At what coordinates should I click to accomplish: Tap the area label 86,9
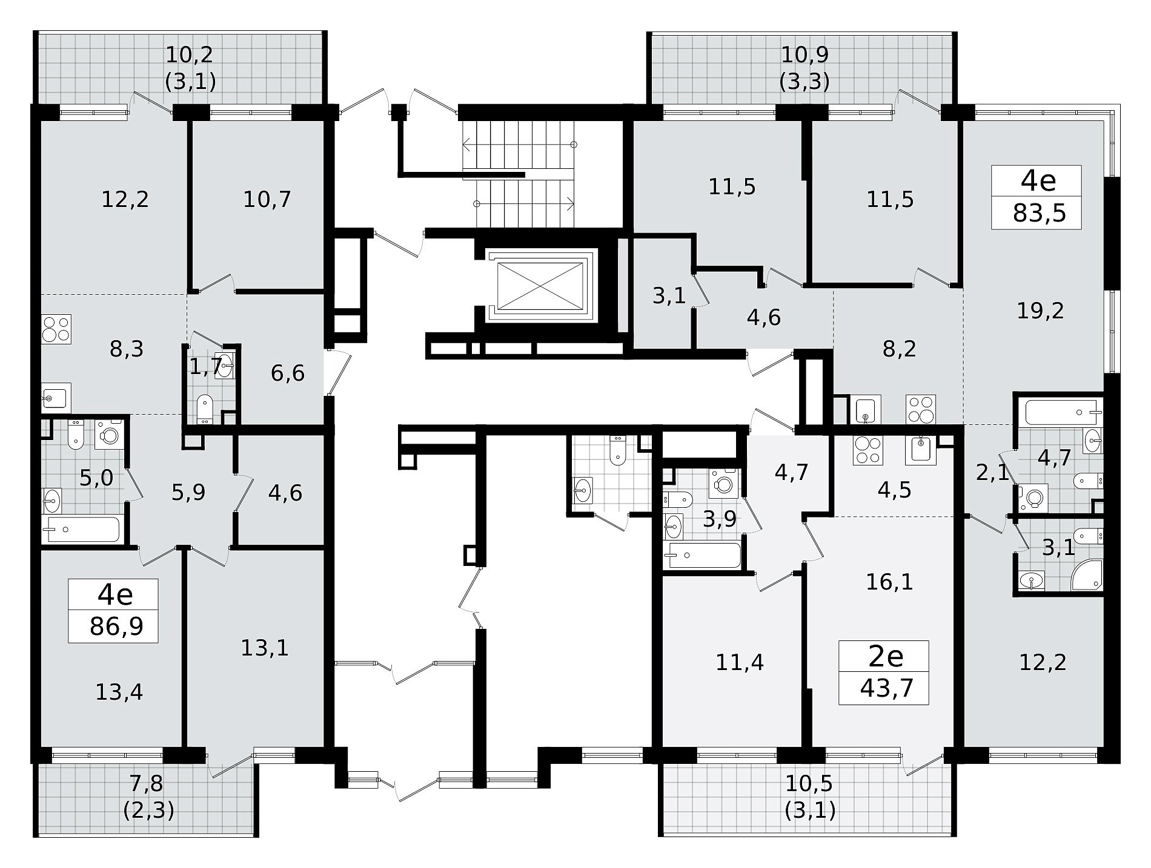[116, 626]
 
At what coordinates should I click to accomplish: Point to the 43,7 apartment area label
[886, 688]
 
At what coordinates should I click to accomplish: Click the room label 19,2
[1041, 311]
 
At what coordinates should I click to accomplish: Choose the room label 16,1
[889, 582]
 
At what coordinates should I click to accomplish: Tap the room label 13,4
[119, 691]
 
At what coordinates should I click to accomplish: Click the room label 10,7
[267, 199]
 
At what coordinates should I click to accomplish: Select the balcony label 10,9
[804, 54]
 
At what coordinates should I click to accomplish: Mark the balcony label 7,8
[147, 784]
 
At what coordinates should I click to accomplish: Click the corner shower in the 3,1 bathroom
[1086, 573]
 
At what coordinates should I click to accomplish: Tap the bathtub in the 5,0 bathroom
[82, 530]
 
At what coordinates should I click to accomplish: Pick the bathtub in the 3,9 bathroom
[703, 555]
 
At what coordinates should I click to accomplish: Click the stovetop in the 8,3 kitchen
[56, 329]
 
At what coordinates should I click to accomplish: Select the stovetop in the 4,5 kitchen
[867, 450]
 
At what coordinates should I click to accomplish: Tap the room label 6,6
[288, 373]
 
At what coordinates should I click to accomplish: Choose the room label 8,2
[899, 349]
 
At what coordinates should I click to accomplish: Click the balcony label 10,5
[810, 784]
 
